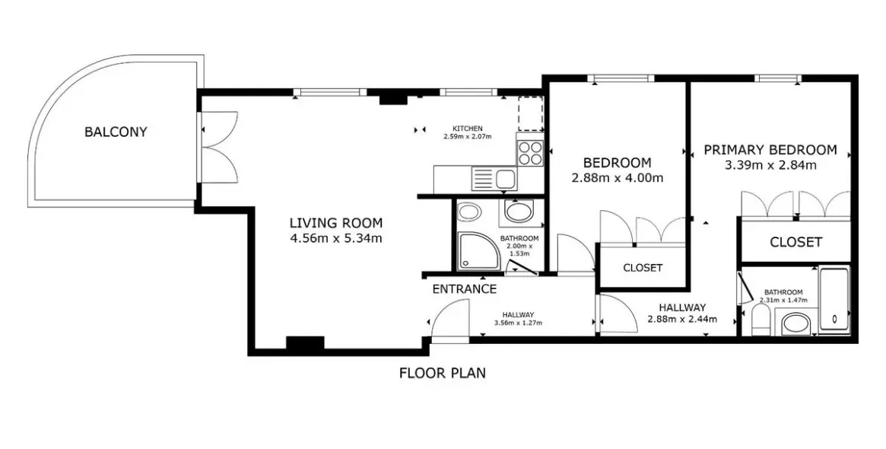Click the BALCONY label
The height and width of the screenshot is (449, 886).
tap(116, 132)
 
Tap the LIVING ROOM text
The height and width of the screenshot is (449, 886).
tap(336, 223)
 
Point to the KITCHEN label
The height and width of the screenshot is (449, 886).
tap(467, 128)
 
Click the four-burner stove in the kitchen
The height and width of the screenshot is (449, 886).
tap(530, 152)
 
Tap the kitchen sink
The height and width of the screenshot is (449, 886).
tap(494, 180)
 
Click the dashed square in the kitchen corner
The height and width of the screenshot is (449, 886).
tap(531, 113)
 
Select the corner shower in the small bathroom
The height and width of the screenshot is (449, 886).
tap(478, 251)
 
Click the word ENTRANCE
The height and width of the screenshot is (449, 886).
tap(465, 289)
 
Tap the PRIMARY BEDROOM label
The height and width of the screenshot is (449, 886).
tap(770, 150)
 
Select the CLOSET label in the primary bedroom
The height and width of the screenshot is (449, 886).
tap(795, 243)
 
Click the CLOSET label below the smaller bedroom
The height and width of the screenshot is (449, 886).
tap(643, 267)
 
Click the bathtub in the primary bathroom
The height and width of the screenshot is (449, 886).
tap(834, 301)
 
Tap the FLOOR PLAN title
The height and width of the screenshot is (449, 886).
tap(443, 373)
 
